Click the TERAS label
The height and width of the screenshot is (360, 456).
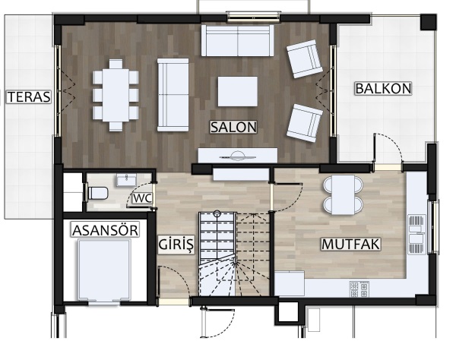29,97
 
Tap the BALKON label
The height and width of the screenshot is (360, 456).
384,88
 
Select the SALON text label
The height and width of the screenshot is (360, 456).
234,128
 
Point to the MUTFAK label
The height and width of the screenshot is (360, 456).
351,244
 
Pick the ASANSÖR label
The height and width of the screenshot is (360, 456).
106,230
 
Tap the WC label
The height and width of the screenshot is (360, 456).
142,198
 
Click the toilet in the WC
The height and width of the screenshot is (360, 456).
97,193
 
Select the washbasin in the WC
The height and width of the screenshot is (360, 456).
126,180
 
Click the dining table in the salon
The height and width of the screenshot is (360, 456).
116,95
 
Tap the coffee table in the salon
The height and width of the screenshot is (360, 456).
238,91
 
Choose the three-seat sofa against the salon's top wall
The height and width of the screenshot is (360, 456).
238,40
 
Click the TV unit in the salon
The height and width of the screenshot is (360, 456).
238,156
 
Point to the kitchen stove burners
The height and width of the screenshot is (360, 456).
359,289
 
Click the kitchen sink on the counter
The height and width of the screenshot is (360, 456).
416,234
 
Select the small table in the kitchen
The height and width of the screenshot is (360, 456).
344,194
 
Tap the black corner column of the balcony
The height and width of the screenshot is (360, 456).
429,22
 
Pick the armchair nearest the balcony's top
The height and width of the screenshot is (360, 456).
305,58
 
